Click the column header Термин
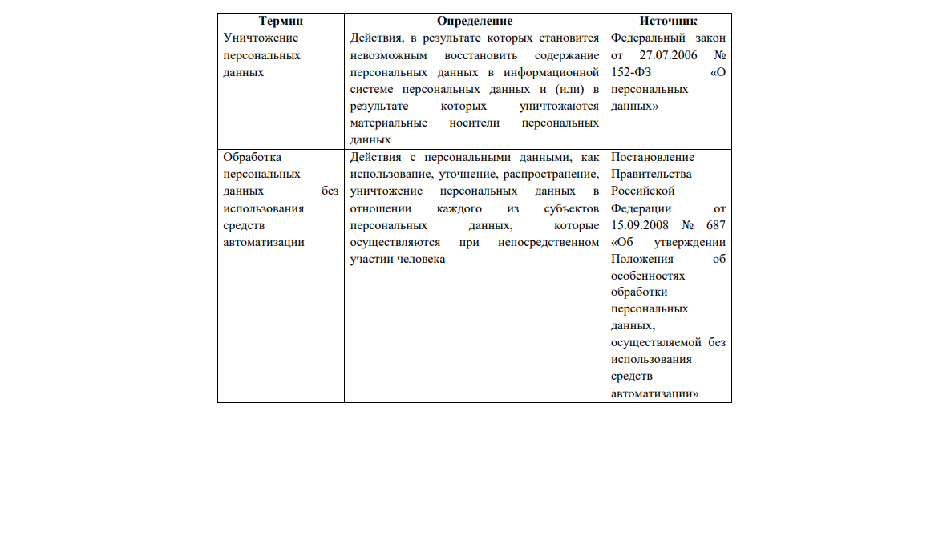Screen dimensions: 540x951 point(281,22)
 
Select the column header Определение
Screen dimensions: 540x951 point(475,22)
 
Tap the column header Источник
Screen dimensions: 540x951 point(668,22)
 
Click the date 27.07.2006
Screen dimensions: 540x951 point(668,55)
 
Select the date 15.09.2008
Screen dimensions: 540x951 point(640,225)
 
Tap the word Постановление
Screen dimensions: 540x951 point(653,158)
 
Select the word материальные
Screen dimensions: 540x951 point(387,123)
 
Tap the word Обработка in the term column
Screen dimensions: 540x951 point(253,158)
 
